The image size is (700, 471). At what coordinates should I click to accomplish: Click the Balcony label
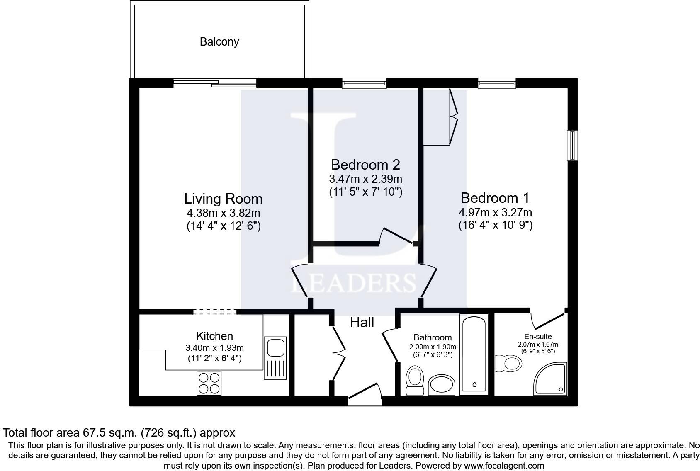coord(219,42)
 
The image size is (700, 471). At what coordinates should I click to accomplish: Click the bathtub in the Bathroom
coord(474,354)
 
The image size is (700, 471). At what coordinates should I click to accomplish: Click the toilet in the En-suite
coord(510,364)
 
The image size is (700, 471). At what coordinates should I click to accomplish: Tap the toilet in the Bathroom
coord(414,380)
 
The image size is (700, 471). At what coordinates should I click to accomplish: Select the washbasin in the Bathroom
coord(441,386)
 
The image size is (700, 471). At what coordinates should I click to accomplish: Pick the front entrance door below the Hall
coord(365,394)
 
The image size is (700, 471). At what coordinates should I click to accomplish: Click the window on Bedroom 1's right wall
coord(572,145)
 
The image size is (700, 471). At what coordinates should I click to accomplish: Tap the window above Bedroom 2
coord(364,83)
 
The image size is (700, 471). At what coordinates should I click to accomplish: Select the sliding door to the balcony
coord(214,83)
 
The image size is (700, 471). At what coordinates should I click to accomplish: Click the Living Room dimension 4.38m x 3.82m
coord(223,213)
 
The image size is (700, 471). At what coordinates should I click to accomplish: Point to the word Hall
coord(362,322)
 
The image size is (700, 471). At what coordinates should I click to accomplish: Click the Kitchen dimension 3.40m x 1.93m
coord(214,347)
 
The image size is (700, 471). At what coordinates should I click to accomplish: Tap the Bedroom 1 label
coord(495,197)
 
